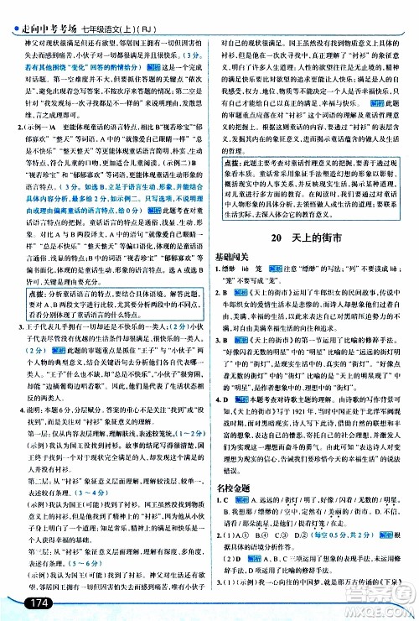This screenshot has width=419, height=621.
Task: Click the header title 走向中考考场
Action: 47,11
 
